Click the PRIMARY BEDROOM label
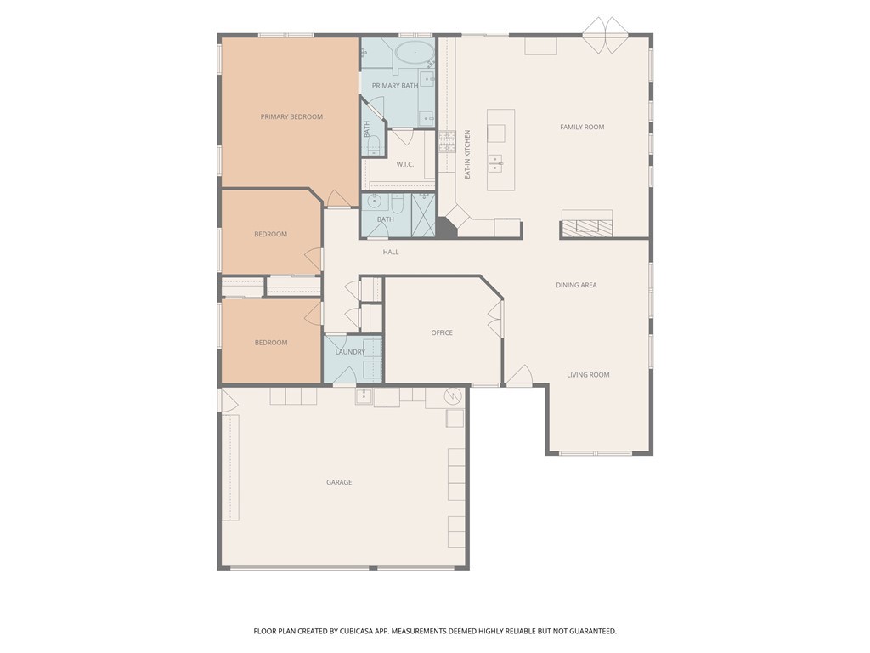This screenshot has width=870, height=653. [291, 116]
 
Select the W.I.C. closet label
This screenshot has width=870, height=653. [404, 164]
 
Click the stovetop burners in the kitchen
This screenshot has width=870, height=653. [447, 141]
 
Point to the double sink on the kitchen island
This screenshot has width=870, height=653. [494, 162]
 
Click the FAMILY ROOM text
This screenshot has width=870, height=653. [582, 127]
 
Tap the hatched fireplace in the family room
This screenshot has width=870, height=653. [586, 226]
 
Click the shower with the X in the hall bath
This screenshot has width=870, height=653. [423, 213]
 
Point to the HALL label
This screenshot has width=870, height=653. [391, 252]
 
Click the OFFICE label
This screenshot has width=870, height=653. [442, 332]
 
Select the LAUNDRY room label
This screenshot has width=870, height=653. [350, 352]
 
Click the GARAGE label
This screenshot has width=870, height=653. [339, 482]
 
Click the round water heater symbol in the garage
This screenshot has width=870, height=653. [454, 395]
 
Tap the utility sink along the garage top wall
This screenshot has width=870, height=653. [364, 396]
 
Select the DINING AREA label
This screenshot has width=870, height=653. [576, 285]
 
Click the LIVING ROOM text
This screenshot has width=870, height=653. [588, 374]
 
